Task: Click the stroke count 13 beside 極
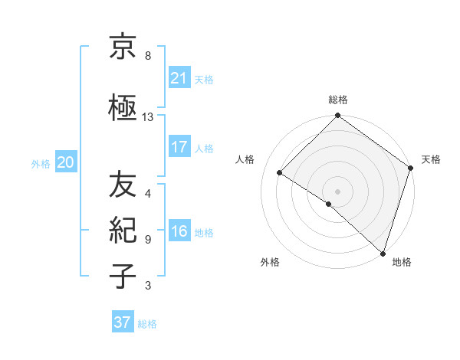tap(148, 117)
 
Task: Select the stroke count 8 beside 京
tap(148, 56)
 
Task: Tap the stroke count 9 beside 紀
tap(148, 239)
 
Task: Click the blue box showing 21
tap(179, 77)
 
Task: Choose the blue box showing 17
tap(179, 147)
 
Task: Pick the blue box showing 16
tap(179, 232)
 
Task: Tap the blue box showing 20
tap(66, 162)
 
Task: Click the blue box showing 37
tap(122, 322)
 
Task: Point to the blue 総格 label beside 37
tap(148, 324)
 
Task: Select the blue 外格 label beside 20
tap(41, 163)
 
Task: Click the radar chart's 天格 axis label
tap(431, 159)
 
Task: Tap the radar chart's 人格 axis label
tap(245, 159)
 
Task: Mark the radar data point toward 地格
tap(383, 253)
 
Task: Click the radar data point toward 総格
tap(337, 117)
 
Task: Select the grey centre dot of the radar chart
tap(337, 191)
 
